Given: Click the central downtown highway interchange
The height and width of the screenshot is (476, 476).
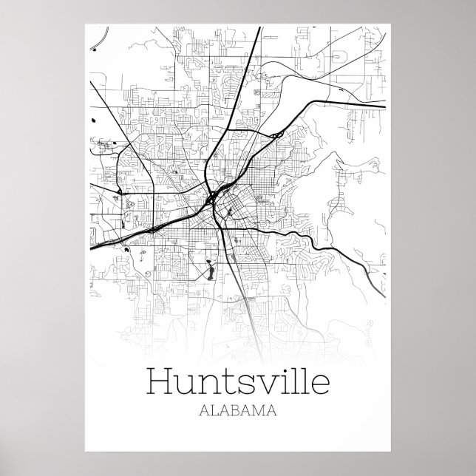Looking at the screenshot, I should pos(213,198).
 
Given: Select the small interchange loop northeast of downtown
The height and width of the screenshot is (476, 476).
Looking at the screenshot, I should pos(274,134).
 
